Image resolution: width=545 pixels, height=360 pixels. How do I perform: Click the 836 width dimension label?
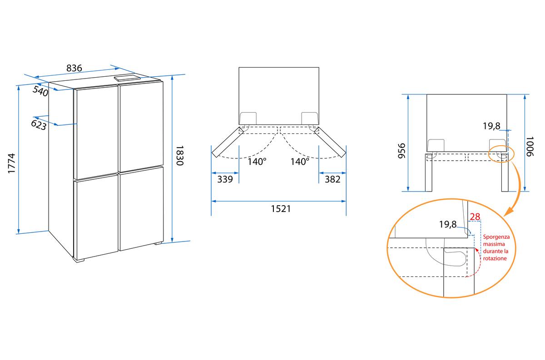click(x=74, y=68)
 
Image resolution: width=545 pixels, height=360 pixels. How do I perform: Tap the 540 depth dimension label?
click(x=40, y=92)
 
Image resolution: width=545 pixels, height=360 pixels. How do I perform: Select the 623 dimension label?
click(x=39, y=125)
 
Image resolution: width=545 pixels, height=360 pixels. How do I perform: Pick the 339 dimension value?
click(x=225, y=179)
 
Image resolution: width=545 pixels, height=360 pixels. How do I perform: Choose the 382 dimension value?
click(x=332, y=179)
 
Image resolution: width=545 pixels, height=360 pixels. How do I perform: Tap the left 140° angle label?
click(x=257, y=161)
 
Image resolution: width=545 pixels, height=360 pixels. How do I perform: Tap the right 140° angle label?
click(x=300, y=161)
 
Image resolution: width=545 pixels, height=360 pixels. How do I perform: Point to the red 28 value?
click(x=475, y=217)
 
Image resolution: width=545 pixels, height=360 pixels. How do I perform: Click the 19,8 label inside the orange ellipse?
click(x=447, y=224)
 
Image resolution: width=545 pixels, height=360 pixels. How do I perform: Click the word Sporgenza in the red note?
click(x=496, y=237)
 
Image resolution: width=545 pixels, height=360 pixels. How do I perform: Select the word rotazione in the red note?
click(x=495, y=258)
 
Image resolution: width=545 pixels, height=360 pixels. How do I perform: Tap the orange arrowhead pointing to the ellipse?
click(x=509, y=211)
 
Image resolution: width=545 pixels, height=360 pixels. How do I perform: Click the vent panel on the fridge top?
click(x=128, y=79)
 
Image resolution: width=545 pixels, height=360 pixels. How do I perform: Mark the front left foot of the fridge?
click(x=80, y=261)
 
